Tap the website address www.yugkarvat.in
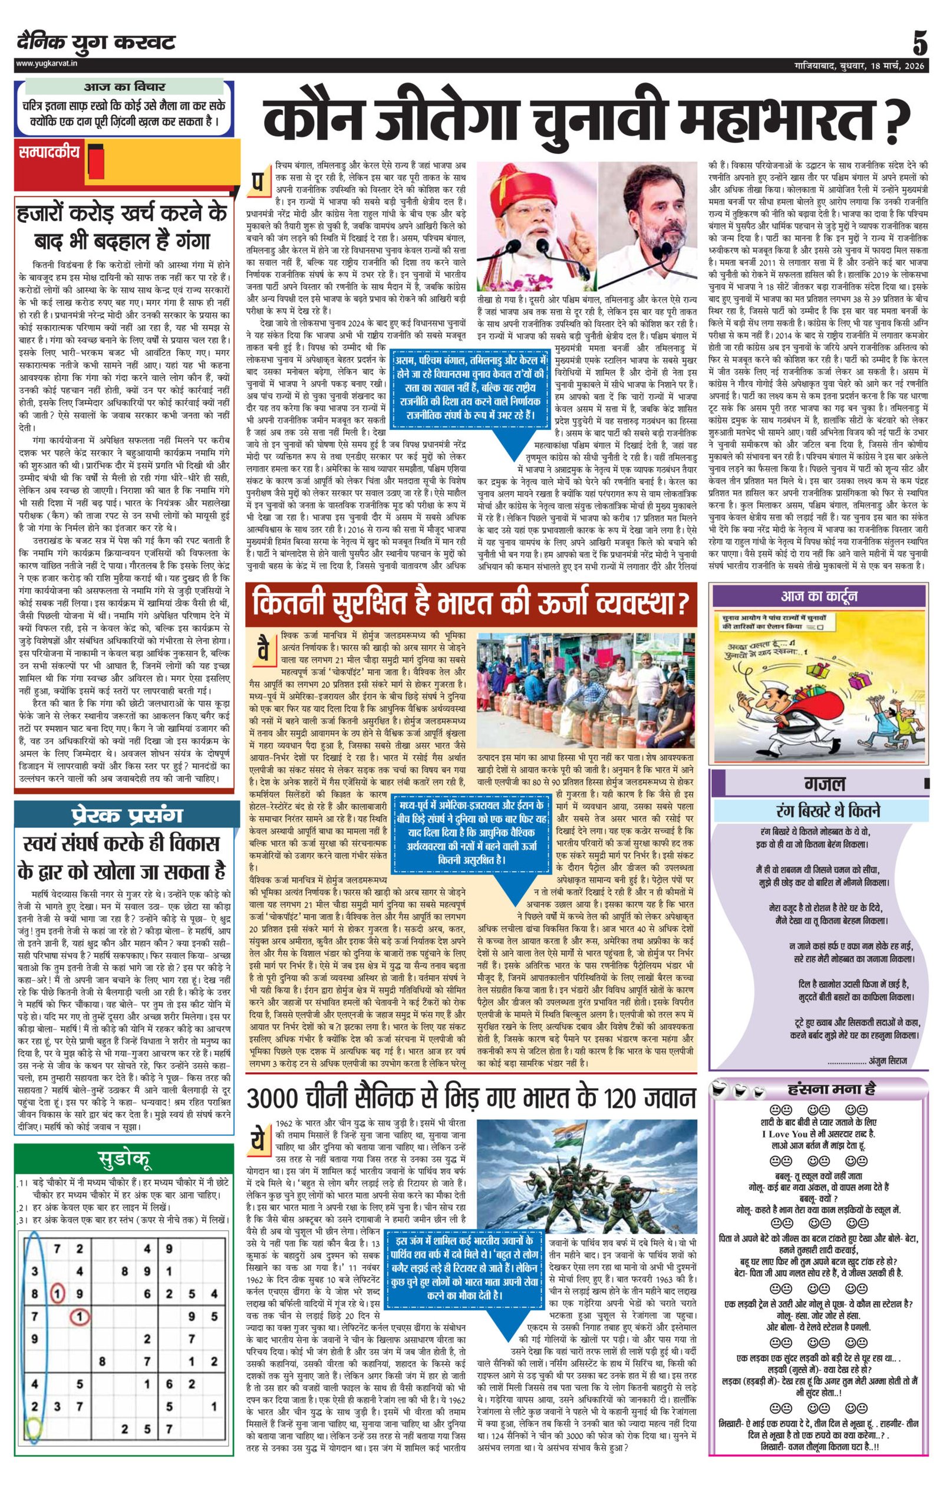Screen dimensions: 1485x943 pos(47,64)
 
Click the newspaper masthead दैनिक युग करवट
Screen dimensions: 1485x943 pos(96,42)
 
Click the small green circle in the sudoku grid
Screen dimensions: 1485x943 pos(33,1457)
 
